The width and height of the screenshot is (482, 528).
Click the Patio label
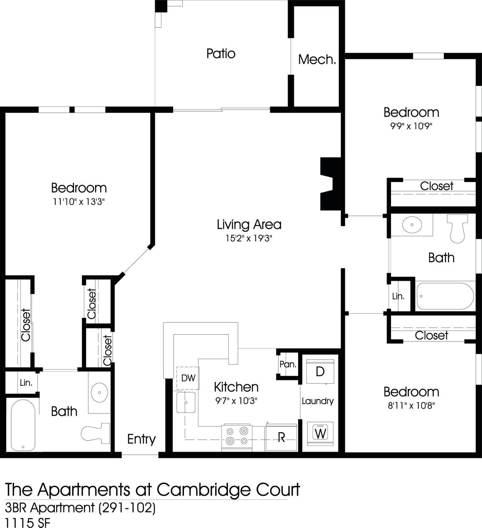point(221,54)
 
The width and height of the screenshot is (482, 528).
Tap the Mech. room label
point(317,60)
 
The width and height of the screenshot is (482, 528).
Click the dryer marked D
point(320,372)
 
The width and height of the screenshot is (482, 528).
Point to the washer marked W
point(320,433)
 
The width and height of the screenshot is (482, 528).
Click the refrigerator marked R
point(281,437)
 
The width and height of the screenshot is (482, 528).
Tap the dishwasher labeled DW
point(188,378)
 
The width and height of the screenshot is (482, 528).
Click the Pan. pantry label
point(288,365)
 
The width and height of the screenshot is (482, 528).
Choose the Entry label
point(141,439)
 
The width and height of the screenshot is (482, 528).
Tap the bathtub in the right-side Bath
point(445,296)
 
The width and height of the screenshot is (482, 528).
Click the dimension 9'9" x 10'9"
point(411,126)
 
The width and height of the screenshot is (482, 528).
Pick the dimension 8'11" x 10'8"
point(411,405)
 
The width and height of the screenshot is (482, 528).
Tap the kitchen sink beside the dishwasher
point(186,402)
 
